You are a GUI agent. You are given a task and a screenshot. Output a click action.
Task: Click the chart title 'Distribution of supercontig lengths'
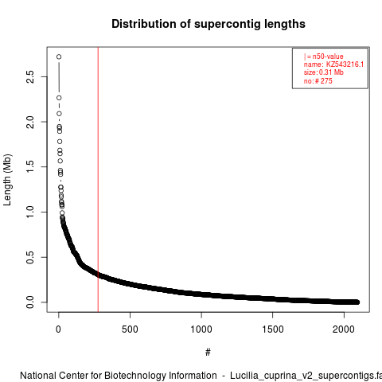pos(209,24)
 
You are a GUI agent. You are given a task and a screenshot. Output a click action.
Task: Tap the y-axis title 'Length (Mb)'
pos(8,180)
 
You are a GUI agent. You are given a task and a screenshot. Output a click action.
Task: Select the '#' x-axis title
pos(208,353)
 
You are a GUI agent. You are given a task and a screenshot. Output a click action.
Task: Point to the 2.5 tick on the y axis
pos(30,77)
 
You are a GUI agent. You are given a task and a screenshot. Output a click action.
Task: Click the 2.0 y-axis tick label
pos(30,122)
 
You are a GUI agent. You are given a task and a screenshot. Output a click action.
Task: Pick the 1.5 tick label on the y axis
pos(30,167)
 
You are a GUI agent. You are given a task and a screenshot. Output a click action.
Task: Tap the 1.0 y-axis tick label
pos(30,212)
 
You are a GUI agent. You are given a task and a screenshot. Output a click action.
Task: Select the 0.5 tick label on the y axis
pos(30,257)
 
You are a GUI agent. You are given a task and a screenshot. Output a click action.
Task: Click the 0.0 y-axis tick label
pos(30,302)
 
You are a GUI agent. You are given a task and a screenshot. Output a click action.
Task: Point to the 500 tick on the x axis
pos(130,329)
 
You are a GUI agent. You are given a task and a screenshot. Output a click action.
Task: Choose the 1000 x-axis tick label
pos(201,329)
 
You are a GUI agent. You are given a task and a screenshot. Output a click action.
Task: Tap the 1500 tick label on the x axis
pos(273,329)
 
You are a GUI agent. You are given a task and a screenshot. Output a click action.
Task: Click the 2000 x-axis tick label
pos(344,329)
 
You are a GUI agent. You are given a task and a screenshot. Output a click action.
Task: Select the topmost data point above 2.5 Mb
pos(59,57)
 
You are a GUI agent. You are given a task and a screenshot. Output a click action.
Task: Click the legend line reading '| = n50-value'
pos(324,57)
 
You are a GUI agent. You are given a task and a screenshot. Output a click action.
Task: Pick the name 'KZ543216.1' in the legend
pos(345,64)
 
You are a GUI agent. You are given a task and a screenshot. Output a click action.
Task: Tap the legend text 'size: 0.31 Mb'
pos(324,72)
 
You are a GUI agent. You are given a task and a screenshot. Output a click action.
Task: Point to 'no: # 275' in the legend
pos(318,81)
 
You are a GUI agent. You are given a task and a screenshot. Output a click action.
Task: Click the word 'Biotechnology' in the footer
pos(161,376)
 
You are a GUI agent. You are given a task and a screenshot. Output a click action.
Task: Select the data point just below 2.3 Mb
pos(59,98)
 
